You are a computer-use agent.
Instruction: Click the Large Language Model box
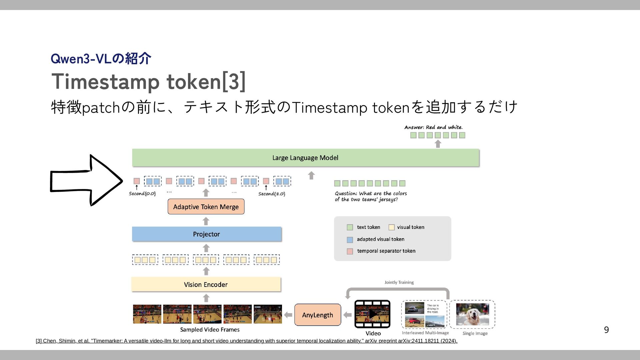click(x=305, y=158)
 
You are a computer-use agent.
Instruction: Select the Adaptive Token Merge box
click(x=206, y=207)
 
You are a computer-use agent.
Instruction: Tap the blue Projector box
click(x=207, y=234)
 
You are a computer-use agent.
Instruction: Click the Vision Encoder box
click(x=206, y=284)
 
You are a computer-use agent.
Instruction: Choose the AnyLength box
click(x=318, y=315)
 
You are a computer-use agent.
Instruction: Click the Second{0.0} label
click(x=142, y=194)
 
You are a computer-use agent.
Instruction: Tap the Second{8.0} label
click(x=272, y=194)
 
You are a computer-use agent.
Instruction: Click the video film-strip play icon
click(x=372, y=314)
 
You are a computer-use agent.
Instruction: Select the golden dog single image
click(x=472, y=314)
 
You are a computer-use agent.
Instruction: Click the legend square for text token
click(x=350, y=227)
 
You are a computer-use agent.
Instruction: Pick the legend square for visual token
click(x=392, y=227)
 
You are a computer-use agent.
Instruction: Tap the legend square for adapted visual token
click(x=350, y=240)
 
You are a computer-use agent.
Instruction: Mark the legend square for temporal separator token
click(x=350, y=251)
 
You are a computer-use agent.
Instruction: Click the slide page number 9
click(x=606, y=330)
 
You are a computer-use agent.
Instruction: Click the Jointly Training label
click(x=399, y=282)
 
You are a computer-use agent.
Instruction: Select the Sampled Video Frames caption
click(x=210, y=330)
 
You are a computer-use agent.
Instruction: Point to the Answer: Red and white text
click(x=433, y=127)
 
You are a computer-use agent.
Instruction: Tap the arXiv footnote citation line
click(x=247, y=341)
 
